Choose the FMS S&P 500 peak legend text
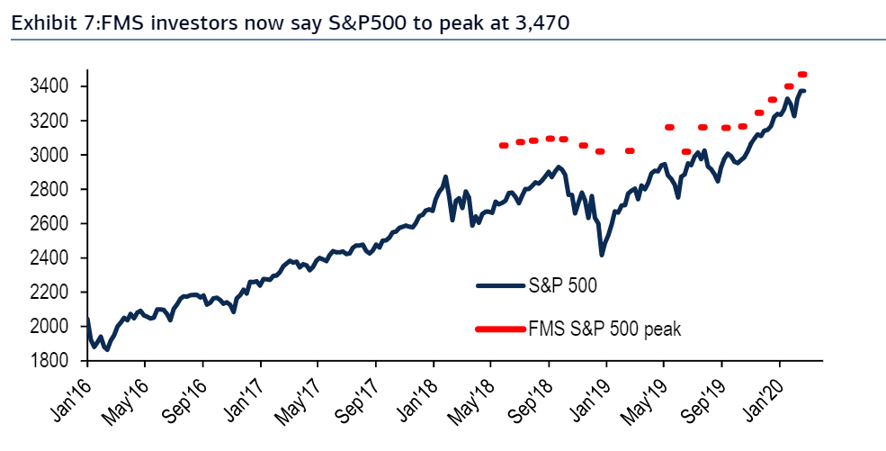point(604,329)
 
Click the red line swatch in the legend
point(501,329)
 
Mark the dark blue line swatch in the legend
point(501,286)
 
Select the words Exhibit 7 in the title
point(43,23)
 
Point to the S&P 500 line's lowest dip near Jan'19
point(602,256)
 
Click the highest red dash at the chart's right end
point(802,74)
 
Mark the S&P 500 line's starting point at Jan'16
point(87,319)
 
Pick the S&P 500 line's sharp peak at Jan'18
point(445,176)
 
